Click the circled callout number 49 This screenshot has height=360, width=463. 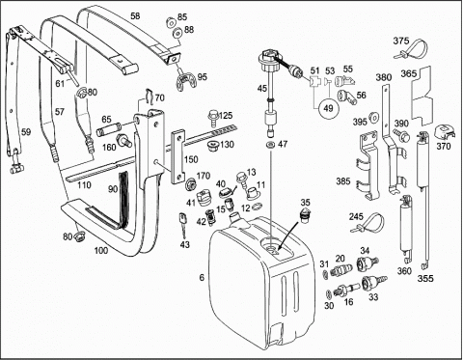[328, 108]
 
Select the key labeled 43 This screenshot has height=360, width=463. [182, 225]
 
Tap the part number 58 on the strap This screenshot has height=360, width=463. [135, 15]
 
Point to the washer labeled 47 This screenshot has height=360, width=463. [270, 144]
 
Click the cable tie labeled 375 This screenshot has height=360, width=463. [412, 51]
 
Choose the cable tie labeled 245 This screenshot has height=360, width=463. [368, 224]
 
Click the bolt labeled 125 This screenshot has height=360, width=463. [212, 118]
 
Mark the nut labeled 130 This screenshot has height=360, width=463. [212, 146]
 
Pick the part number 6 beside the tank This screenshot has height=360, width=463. [202, 277]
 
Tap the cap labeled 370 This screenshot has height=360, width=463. [445, 132]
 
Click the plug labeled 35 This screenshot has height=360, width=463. [305, 214]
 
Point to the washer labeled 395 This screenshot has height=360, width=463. [374, 117]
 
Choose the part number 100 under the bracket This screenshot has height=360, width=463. [101, 250]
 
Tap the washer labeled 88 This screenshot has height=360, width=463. [177, 33]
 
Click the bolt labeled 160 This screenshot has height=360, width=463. [124, 140]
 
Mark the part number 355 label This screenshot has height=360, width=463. [425, 278]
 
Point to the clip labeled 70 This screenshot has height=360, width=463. [149, 96]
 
